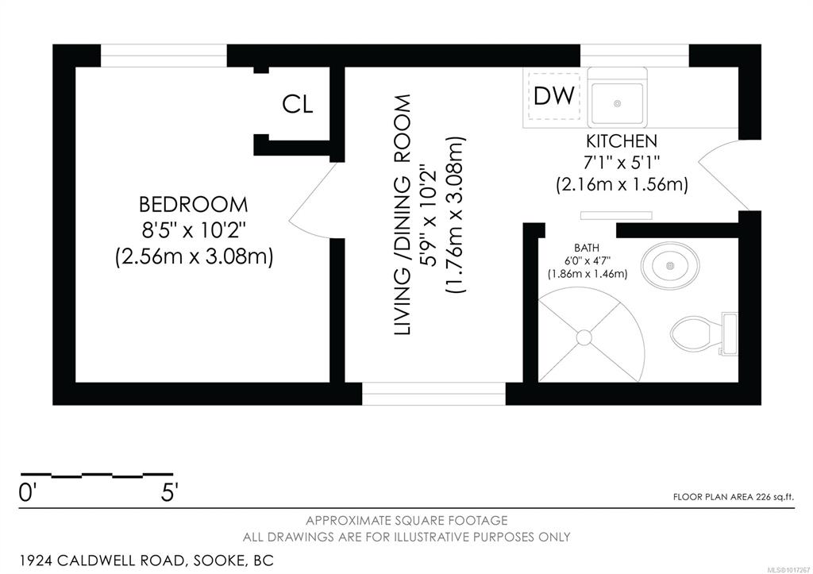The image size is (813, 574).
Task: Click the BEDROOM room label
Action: [193, 205]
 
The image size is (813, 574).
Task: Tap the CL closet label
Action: [298, 105]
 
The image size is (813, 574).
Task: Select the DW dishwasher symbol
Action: [553, 96]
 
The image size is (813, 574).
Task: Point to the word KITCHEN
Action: [621, 141]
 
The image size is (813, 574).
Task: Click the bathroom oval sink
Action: [670, 265]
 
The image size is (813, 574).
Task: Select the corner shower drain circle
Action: [584, 337]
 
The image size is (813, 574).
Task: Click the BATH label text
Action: [587, 248]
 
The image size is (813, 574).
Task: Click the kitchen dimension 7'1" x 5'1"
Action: [622, 163]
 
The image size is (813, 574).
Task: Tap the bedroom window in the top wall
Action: [164, 56]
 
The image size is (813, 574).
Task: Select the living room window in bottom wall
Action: [433, 394]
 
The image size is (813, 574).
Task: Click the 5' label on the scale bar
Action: [170, 492]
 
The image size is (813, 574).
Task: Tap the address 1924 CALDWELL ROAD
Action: [102, 561]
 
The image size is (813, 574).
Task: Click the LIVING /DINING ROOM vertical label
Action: [403, 214]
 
